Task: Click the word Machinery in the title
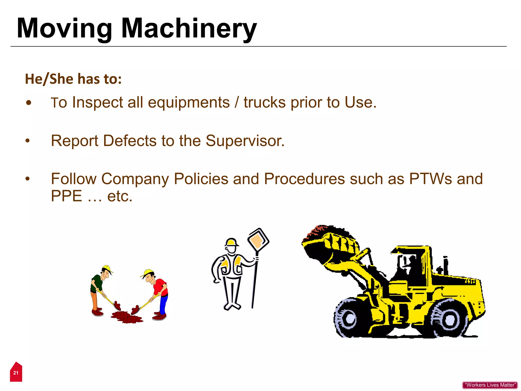189,29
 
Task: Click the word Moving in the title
65,29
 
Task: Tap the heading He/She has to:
73,79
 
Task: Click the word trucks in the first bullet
265,102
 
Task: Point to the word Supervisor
245,141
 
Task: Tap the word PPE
66,196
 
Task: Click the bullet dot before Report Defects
27,141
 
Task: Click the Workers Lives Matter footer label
490,385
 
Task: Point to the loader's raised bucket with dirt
329,243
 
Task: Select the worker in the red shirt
157,293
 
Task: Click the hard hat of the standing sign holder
231,242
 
